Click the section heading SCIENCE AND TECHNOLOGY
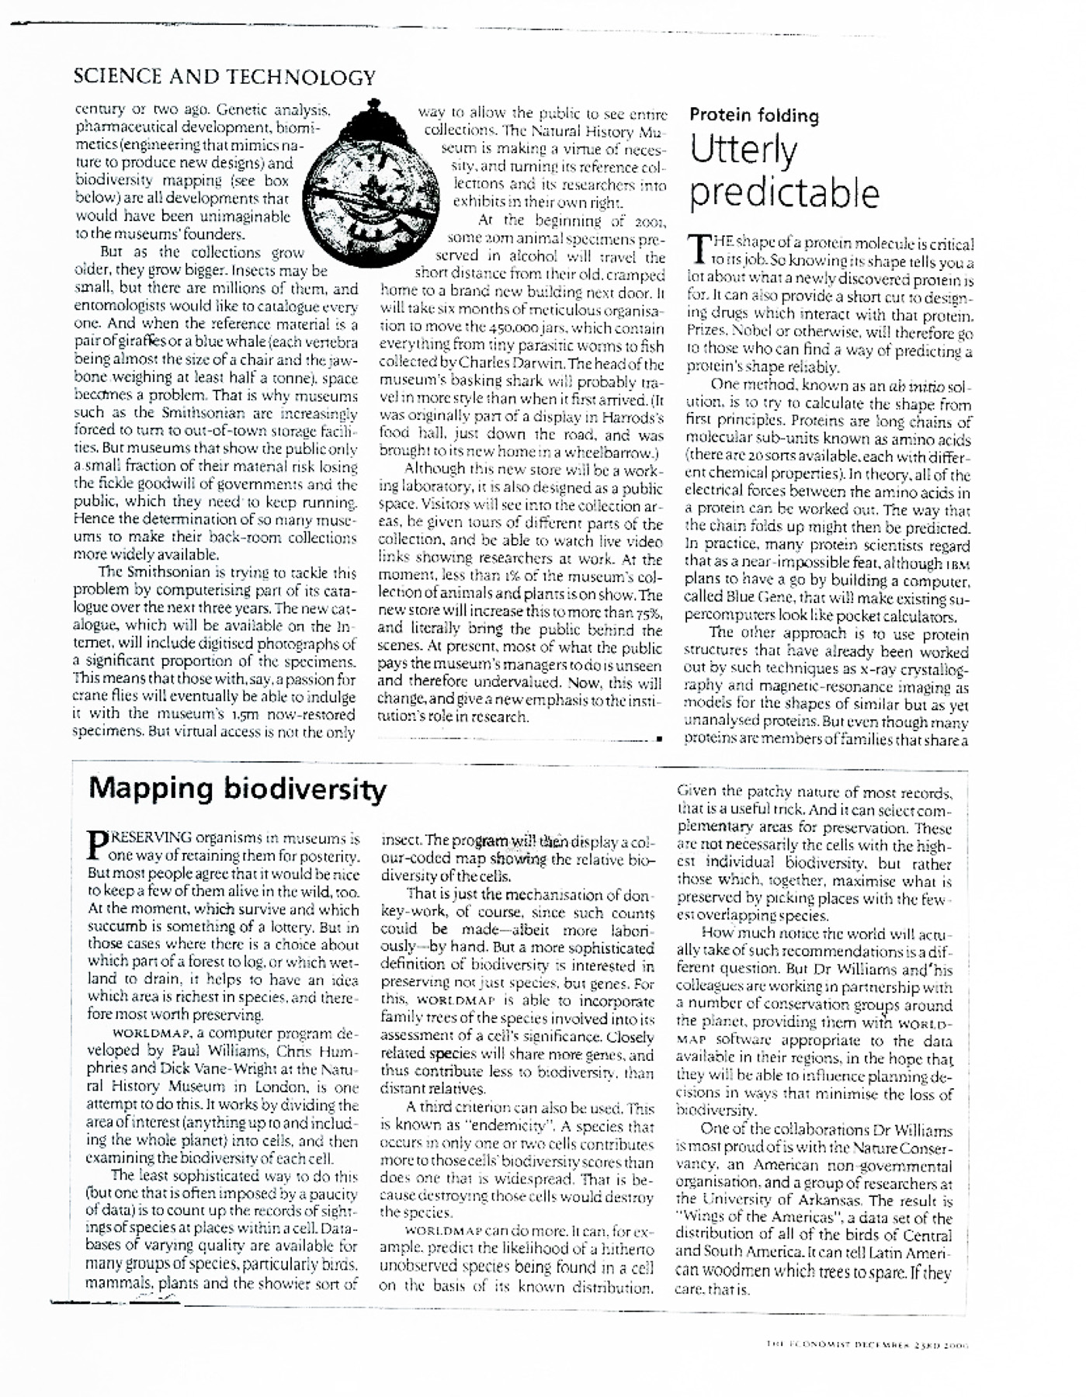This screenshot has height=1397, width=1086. (x=224, y=78)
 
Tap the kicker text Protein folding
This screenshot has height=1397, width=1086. (x=754, y=116)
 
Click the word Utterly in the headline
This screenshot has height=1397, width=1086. (x=743, y=151)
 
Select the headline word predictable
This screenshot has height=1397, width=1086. (x=784, y=194)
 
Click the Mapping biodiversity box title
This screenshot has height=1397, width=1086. (x=238, y=789)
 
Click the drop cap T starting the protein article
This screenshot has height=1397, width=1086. (x=699, y=250)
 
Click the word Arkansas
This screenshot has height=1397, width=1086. (x=846, y=1202)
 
